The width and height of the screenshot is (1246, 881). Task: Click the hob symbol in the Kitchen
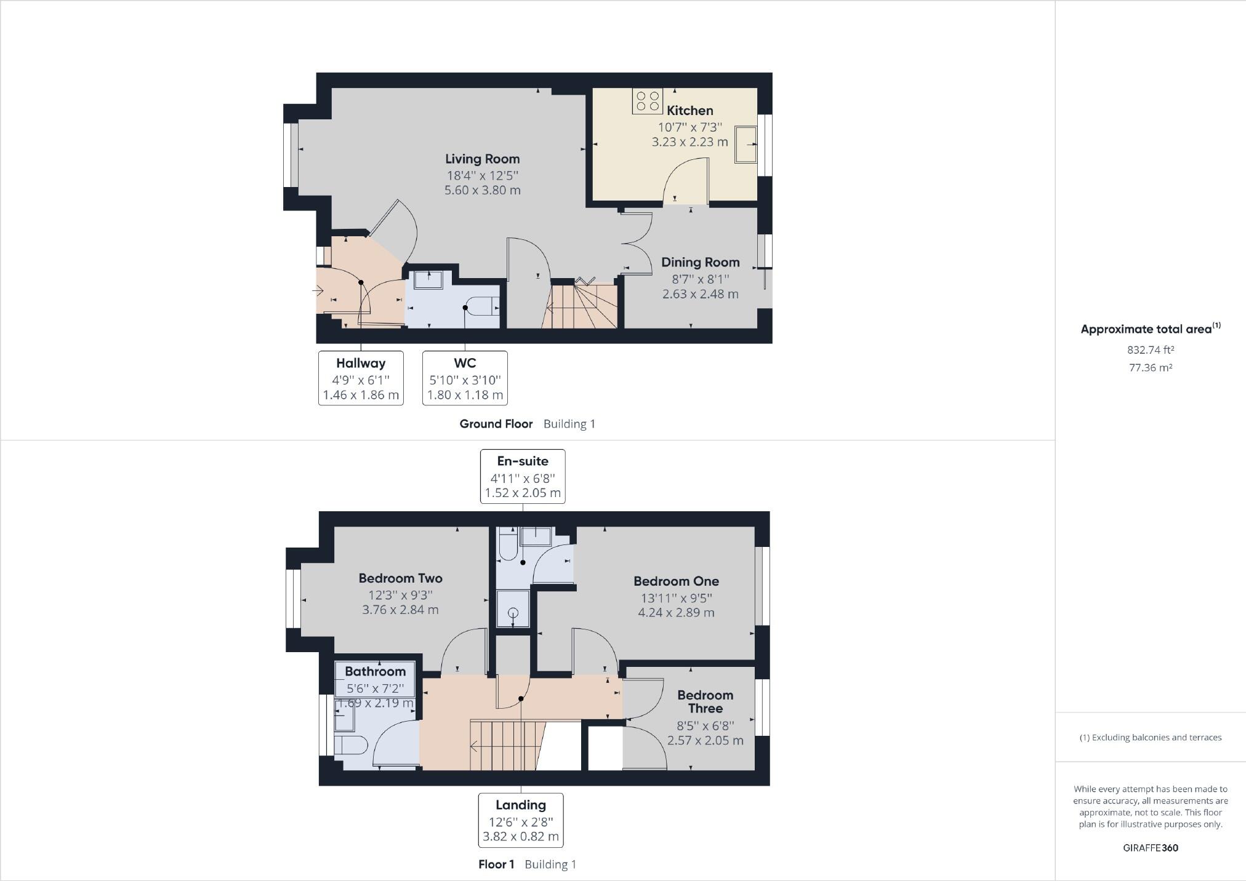[x=647, y=102]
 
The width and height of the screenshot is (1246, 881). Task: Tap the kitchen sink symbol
[x=746, y=145]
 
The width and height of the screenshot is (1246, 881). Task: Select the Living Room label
[x=482, y=159]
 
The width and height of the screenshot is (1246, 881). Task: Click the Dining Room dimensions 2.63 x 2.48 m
[x=700, y=294]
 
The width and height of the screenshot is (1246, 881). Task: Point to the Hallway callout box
[x=361, y=378]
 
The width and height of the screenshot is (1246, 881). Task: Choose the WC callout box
[x=465, y=378]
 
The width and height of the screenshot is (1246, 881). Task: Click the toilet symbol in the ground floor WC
[x=482, y=306]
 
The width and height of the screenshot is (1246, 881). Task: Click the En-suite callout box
[x=523, y=477]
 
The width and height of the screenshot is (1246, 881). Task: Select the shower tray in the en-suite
[x=513, y=610]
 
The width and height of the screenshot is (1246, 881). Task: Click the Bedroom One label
[x=676, y=581]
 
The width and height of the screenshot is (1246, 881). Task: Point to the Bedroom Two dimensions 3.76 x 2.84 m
[x=400, y=610]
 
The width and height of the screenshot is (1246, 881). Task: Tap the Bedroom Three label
[x=705, y=701]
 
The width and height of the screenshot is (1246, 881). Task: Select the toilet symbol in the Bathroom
[x=351, y=745]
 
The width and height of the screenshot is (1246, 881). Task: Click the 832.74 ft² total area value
[x=1150, y=350]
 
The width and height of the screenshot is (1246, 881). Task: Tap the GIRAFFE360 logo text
[x=1150, y=848]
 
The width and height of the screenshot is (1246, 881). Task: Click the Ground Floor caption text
[x=496, y=424]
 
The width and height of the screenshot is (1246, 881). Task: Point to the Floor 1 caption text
[x=496, y=864]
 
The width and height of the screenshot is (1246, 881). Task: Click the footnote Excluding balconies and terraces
[x=1150, y=738]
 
